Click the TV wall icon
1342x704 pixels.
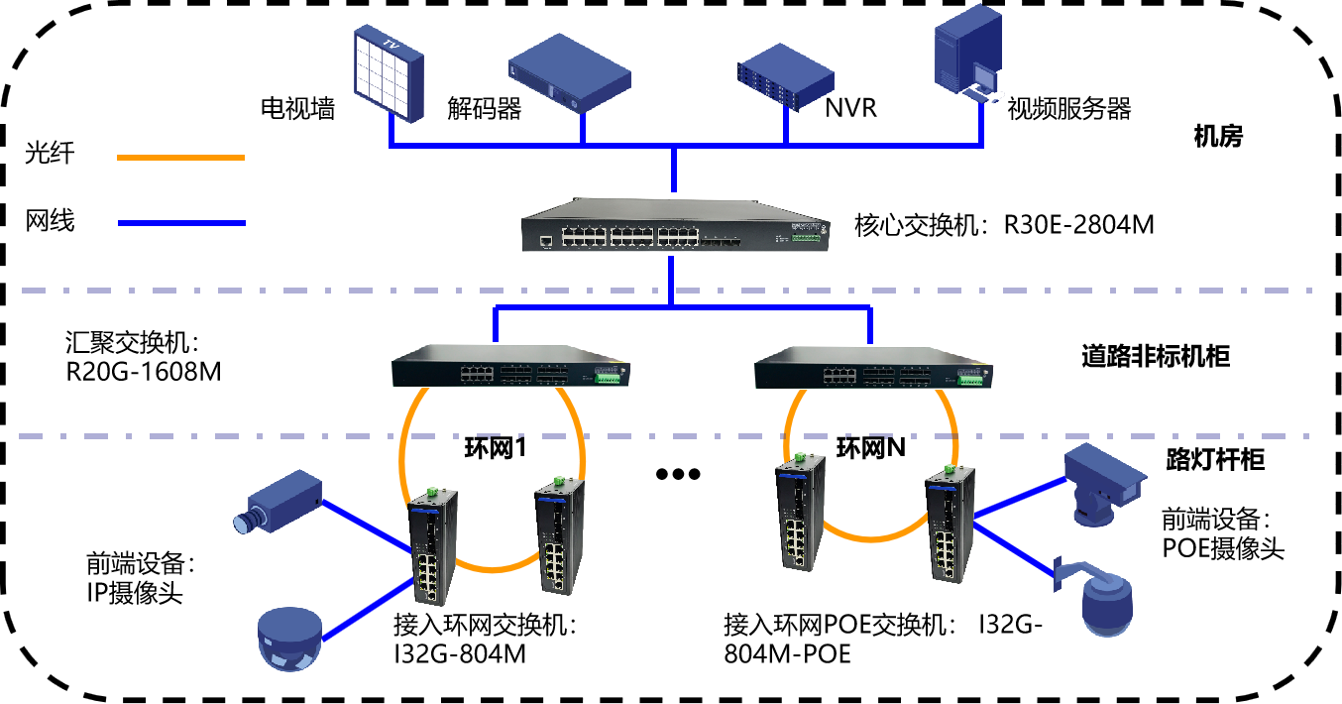[389, 73]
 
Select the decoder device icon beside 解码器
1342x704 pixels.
[570, 73]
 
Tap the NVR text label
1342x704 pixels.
[850, 108]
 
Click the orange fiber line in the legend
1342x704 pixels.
[181, 158]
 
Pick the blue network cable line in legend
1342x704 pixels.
[181, 223]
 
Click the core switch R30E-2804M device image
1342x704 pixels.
[676, 225]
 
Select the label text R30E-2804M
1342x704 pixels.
[1078, 225]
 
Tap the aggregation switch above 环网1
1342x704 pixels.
[510, 366]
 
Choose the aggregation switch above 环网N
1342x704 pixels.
[873, 367]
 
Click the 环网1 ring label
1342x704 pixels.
[496, 448]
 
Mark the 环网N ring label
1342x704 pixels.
[870, 448]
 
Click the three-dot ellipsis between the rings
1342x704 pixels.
[678, 474]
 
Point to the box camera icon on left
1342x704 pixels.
[278, 502]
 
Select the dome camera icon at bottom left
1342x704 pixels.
[290, 640]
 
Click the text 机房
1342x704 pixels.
[1218, 137]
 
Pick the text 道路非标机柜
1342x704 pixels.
[1156, 357]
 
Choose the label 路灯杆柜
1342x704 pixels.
[1215, 460]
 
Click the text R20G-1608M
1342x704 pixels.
[144, 372]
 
